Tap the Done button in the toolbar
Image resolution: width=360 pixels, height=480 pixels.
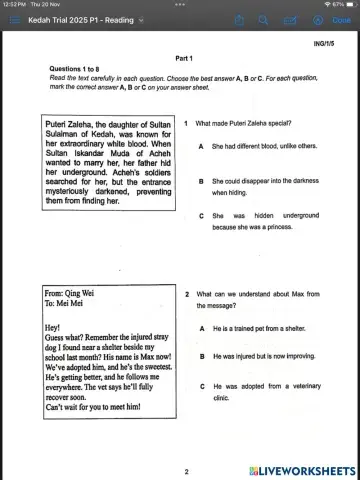point(339,19)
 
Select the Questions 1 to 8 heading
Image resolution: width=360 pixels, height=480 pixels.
point(83,69)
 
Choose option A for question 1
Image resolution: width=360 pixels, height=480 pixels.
point(202,146)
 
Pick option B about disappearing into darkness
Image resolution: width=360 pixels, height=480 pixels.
point(202,181)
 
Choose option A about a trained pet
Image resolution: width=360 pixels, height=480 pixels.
point(202,328)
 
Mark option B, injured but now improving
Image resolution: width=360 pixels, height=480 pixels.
point(202,356)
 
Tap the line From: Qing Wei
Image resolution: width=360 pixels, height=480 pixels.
point(69,293)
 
